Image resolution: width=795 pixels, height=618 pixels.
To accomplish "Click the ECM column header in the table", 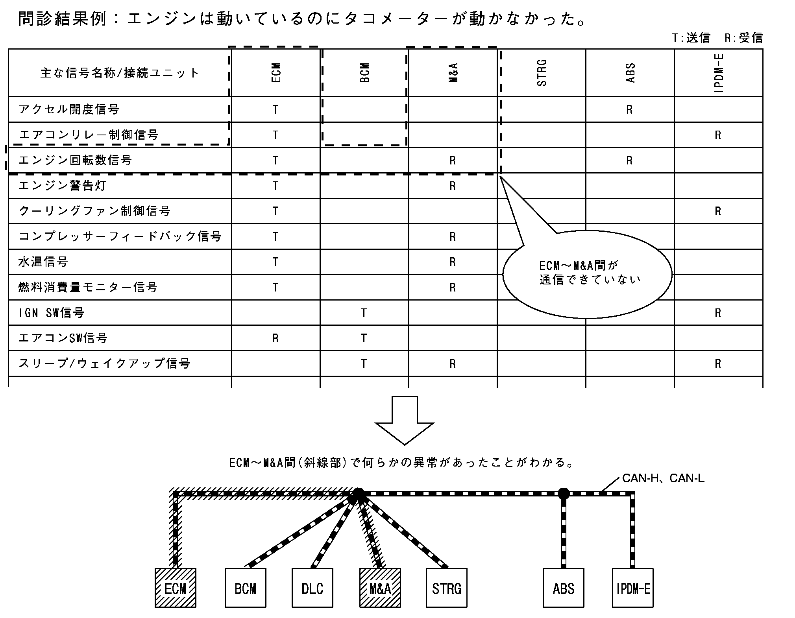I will pyautogui.click(x=276, y=73).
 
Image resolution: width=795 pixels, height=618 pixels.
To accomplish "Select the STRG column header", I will pyautogui.click(x=542, y=73).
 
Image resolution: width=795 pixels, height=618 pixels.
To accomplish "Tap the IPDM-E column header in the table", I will pyautogui.click(x=719, y=73).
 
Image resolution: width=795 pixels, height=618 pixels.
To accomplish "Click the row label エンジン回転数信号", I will pyautogui.click(x=75, y=160).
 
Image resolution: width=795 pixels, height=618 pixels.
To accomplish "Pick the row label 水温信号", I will pyautogui.click(x=43, y=262).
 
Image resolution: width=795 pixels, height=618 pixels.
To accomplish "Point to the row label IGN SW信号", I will pyautogui.click(x=51, y=313).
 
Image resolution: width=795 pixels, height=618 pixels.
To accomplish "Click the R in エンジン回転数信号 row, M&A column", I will pyautogui.click(x=453, y=160).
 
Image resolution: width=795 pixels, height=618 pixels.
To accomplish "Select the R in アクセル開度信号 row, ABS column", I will pyautogui.click(x=629, y=110).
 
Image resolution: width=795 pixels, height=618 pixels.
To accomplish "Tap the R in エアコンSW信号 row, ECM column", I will pyautogui.click(x=275, y=338).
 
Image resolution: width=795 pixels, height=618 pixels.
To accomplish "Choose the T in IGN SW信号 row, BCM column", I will pyautogui.click(x=364, y=313).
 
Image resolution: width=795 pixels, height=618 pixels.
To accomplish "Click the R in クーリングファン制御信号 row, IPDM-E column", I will pyautogui.click(x=718, y=212).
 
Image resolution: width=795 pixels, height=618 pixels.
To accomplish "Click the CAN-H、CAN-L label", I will pyautogui.click(x=663, y=478).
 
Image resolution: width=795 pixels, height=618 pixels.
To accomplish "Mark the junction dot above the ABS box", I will pyautogui.click(x=564, y=493).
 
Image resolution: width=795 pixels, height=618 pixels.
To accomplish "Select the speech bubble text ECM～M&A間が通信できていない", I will pyautogui.click(x=588, y=273).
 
